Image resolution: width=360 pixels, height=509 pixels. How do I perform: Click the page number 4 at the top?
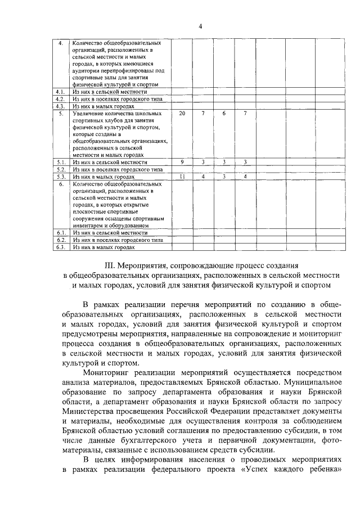[x=200, y=26]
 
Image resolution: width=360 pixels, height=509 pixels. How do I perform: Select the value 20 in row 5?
[x=182, y=114]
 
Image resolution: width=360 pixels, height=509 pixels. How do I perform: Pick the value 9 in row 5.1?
[x=182, y=162]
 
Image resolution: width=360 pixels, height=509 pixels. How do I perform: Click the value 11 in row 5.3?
[x=182, y=177]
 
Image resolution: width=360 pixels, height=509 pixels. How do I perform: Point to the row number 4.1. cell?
[x=60, y=91]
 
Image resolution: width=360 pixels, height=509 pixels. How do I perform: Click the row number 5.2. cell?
[x=60, y=169]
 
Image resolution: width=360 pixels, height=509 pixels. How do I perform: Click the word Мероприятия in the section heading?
[x=146, y=264]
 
